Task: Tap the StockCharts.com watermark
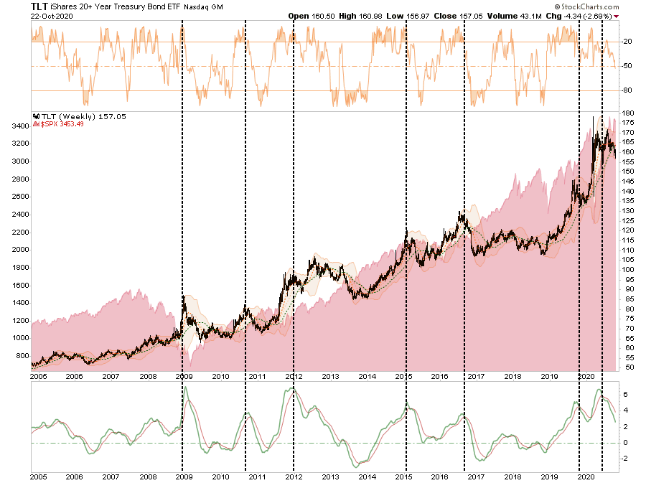coord(601,6)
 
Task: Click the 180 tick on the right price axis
coord(627,113)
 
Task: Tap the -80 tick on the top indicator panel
coord(627,90)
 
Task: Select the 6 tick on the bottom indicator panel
coord(624,395)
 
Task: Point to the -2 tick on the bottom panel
coord(624,459)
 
